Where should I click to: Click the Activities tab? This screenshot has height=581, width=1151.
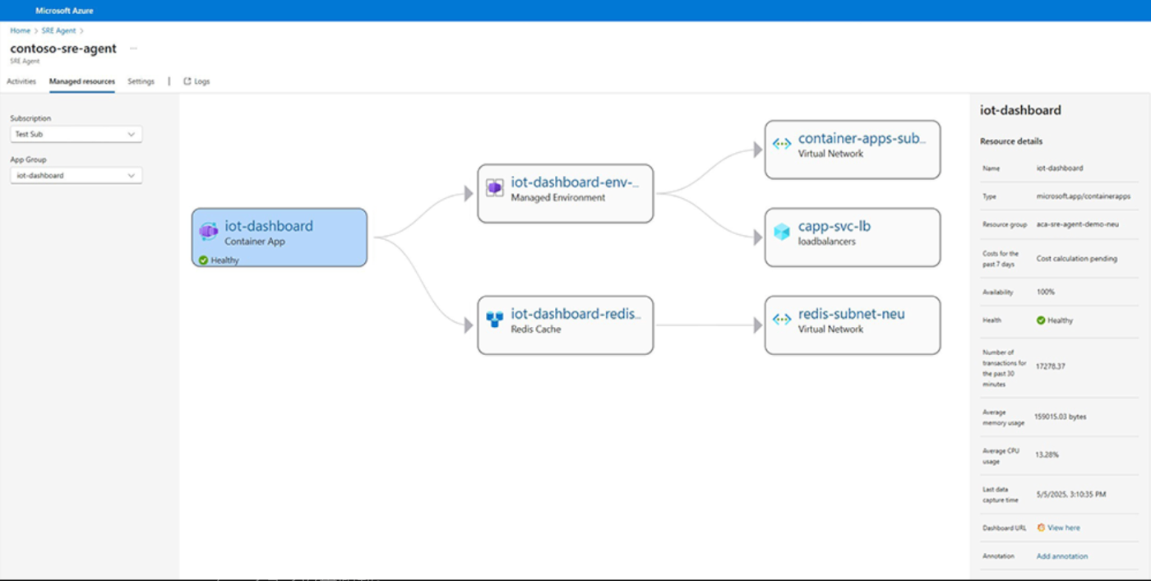tap(21, 81)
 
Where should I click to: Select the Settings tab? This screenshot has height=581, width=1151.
tap(141, 81)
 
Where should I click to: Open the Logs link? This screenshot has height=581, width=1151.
tap(196, 81)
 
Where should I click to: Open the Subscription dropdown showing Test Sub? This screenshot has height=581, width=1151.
tap(76, 134)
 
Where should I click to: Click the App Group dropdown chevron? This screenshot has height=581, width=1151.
tap(131, 176)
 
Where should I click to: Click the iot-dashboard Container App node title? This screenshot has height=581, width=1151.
tap(269, 226)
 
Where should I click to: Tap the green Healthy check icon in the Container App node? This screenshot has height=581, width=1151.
tap(204, 260)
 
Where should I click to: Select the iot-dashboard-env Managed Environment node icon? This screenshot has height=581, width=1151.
tap(495, 187)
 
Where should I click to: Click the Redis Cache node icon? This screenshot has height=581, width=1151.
tap(495, 319)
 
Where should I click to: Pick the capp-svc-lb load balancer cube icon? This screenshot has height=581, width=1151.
tap(782, 232)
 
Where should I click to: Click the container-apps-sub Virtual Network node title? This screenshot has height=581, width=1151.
tap(862, 139)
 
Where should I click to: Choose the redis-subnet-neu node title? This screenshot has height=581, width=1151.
tap(852, 314)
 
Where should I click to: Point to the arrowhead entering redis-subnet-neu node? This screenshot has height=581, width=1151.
tap(758, 325)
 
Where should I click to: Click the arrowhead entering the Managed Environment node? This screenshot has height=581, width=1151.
tap(469, 194)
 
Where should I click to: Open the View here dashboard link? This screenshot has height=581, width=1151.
tap(1063, 528)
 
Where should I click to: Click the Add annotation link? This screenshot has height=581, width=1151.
tap(1062, 556)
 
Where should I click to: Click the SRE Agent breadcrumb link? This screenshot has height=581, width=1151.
tap(58, 31)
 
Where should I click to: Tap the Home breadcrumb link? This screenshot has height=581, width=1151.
tap(20, 31)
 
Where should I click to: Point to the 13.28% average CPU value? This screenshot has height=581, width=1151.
tap(1047, 454)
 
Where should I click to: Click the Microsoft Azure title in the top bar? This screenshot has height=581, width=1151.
tap(64, 11)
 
